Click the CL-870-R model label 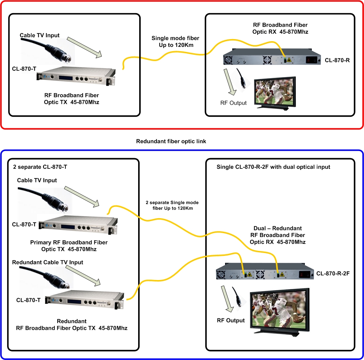tap(337, 60)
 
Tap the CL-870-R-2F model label tap(333, 274)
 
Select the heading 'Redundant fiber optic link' tap(171, 141)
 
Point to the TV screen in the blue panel tap(279, 307)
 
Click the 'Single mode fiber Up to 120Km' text tap(175, 41)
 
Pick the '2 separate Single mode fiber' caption tap(172, 205)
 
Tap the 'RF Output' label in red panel tap(233, 103)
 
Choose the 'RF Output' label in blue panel tap(231, 321)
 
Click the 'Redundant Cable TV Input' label tap(48, 262)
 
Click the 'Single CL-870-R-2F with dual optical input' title tap(273, 167)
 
